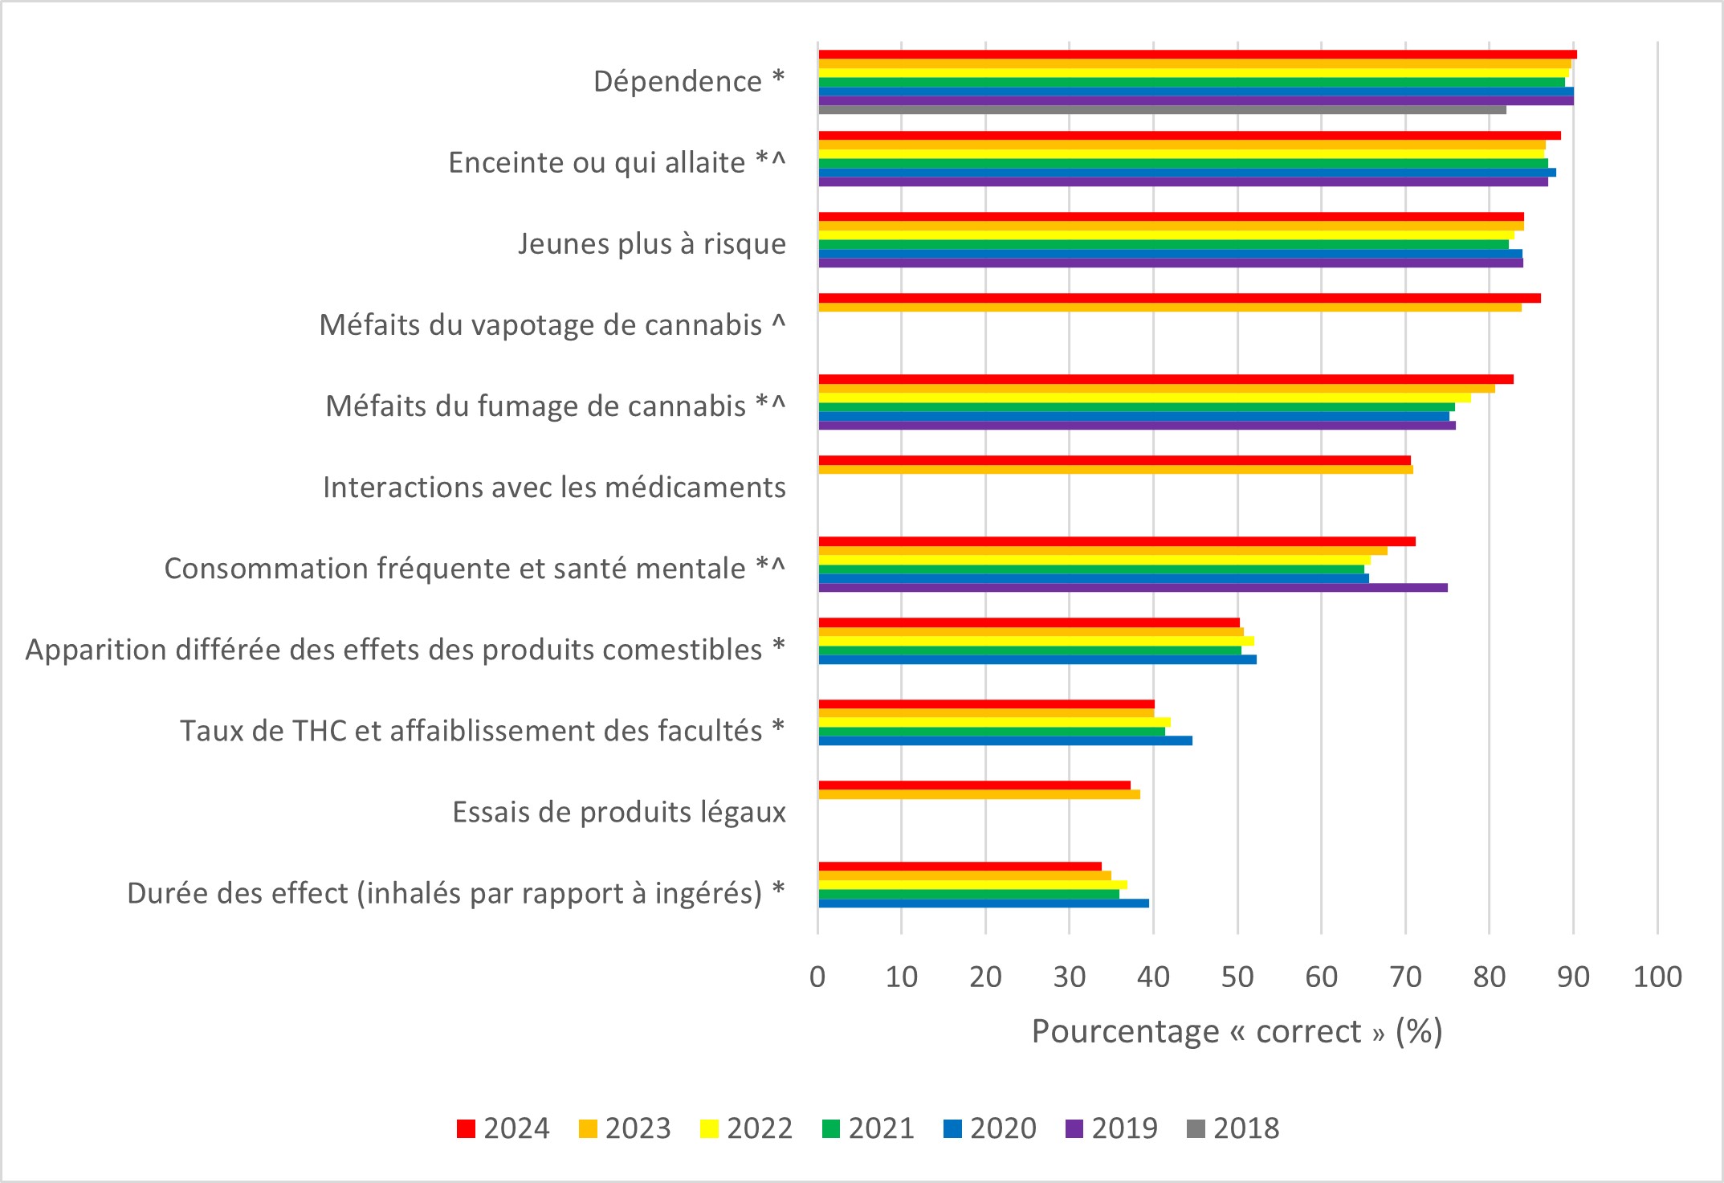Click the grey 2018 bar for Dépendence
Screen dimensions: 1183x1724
[x=1162, y=110]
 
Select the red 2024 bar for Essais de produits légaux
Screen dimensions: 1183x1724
[x=974, y=785]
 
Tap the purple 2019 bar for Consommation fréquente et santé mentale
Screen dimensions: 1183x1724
[x=1132, y=587]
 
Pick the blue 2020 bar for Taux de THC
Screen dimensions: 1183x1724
[x=1005, y=740]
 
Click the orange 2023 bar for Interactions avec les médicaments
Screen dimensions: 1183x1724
[x=1115, y=469]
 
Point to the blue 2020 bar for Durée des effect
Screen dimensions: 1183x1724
[x=984, y=903]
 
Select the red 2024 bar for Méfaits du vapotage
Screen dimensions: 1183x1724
[x=1179, y=298]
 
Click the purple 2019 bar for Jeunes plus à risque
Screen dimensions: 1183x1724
[x=1170, y=263]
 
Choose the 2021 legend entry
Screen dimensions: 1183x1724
[x=869, y=1128]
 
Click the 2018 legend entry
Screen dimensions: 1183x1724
[x=1233, y=1128]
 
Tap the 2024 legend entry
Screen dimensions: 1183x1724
[x=503, y=1128]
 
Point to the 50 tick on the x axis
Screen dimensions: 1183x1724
[x=1237, y=977]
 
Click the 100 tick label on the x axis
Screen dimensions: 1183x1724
[x=1657, y=977]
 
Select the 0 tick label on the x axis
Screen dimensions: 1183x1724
[x=818, y=977]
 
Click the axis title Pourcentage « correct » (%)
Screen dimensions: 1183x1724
[x=1237, y=1031]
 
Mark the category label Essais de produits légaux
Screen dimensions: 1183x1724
[x=619, y=812]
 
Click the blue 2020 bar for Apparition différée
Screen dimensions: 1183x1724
[x=1037, y=659]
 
